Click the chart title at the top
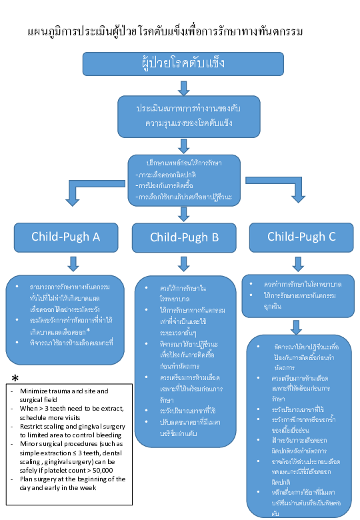tap(165, 32)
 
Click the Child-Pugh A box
tap(65, 237)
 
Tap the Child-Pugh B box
tap(183, 237)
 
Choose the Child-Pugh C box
tap(301, 237)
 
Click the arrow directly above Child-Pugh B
tap(183, 213)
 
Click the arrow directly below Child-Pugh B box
tap(183, 263)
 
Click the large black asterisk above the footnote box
tap(14, 379)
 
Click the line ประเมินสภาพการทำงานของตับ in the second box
tap(183, 107)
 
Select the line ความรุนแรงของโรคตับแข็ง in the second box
tap(183, 123)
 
